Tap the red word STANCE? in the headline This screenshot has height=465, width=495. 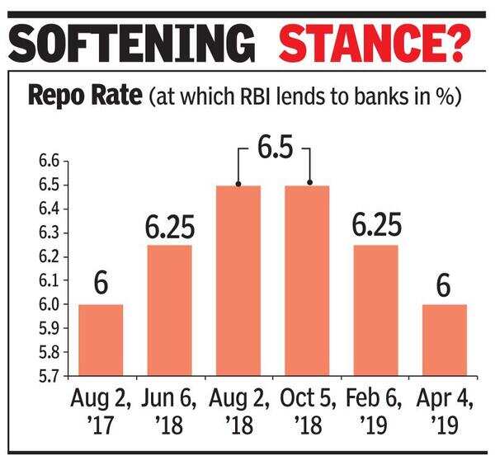pyautogui.click(x=372, y=41)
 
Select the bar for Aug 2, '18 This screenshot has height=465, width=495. pyautogui.click(x=238, y=280)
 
